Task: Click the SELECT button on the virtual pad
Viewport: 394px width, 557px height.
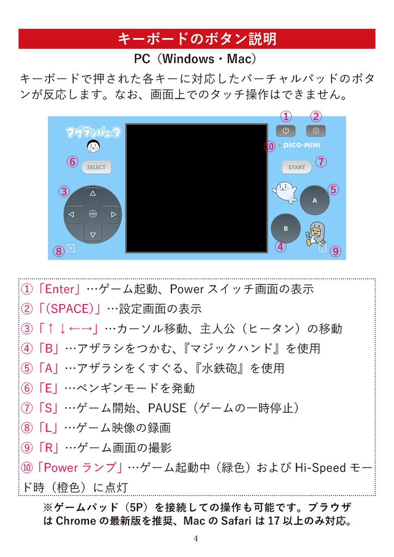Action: pyautogui.click(x=96, y=167)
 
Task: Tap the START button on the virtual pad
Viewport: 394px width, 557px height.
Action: pyautogui.click(x=297, y=167)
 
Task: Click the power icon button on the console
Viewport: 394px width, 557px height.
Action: pyautogui.click(x=286, y=131)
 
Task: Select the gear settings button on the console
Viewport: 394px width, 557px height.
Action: pyautogui.click(x=316, y=131)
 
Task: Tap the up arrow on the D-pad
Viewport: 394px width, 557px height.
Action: pyautogui.click(x=93, y=193)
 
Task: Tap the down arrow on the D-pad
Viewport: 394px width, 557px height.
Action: pyautogui.click(x=93, y=235)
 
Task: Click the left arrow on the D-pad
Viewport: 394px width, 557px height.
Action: pyautogui.click(x=71, y=214)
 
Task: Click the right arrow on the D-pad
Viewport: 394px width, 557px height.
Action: pyautogui.click(x=113, y=214)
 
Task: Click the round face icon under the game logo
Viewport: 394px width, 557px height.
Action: pyautogui.click(x=93, y=146)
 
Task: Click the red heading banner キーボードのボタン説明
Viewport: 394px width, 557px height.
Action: pyautogui.click(x=197, y=39)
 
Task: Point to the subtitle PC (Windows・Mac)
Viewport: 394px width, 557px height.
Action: pyautogui.click(x=197, y=58)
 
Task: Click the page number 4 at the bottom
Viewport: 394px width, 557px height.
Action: pyautogui.click(x=196, y=539)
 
